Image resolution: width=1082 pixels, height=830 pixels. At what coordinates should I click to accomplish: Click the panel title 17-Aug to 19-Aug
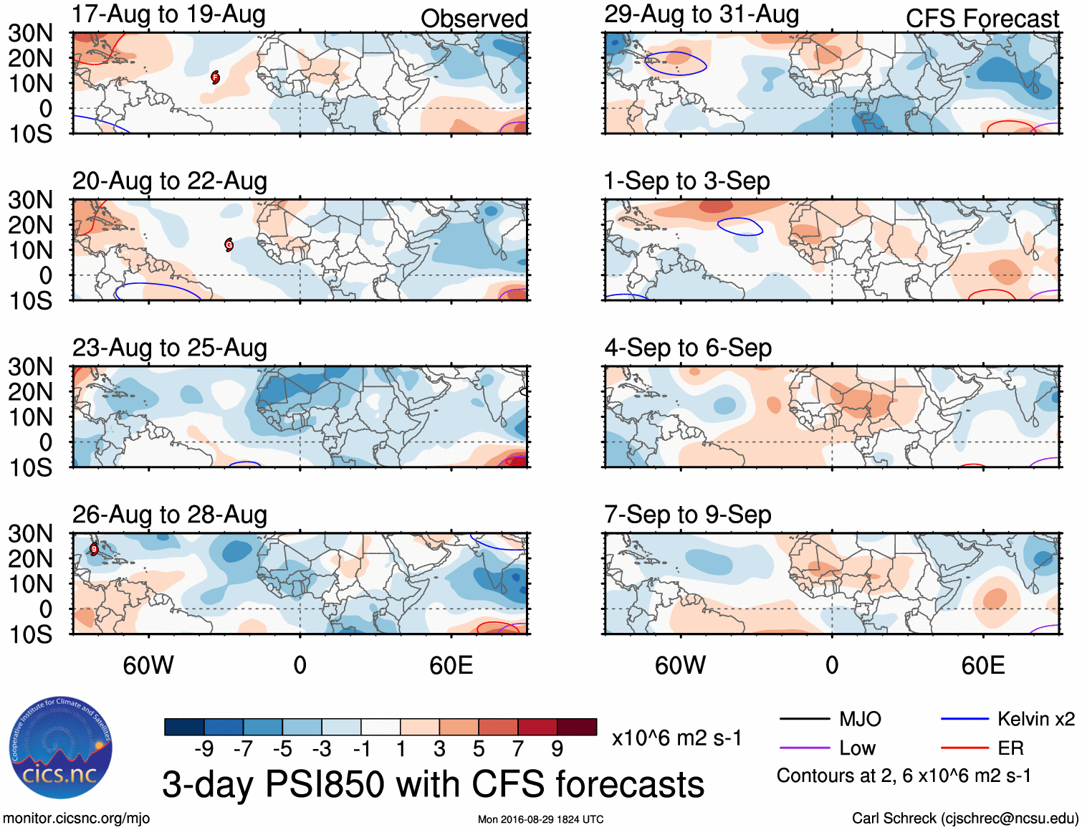pyautogui.click(x=169, y=14)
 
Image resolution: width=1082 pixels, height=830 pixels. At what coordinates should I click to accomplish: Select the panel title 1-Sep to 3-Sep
pyautogui.click(x=686, y=181)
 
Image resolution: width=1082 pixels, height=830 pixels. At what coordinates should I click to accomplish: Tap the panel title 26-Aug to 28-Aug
pyautogui.click(x=170, y=515)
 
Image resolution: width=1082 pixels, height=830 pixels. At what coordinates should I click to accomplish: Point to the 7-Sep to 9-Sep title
pyautogui.click(x=687, y=515)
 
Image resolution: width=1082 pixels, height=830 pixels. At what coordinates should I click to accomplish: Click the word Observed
pyautogui.click(x=474, y=19)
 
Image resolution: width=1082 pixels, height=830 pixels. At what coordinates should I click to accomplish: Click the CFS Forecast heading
pyautogui.click(x=982, y=19)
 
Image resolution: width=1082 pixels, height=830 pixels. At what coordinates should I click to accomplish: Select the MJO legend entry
pyautogui.click(x=831, y=719)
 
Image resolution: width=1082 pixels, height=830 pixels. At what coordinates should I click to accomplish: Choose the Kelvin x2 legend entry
pyautogui.click(x=1007, y=719)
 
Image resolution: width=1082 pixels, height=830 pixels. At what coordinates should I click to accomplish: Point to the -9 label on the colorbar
pyautogui.click(x=204, y=749)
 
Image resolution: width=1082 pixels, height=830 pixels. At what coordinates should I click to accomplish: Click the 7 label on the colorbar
pyautogui.click(x=518, y=749)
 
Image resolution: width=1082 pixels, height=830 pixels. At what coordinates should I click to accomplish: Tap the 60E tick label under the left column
pyautogui.click(x=451, y=665)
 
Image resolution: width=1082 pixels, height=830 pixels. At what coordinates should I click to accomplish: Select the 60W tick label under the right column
pyautogui.click(x=680, y=665)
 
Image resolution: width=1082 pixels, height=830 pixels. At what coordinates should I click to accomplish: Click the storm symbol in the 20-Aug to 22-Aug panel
pyautogui.click(x=229, y=244)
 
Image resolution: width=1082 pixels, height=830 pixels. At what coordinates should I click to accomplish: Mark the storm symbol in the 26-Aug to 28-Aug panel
pyautogui.click(x=94, y=549)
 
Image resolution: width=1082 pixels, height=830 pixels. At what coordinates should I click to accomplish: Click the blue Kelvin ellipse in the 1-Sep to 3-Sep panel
pyautogui.click(x=740, y=226)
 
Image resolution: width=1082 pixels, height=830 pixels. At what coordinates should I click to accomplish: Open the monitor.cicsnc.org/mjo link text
pyautogui.click(x=76, y=819)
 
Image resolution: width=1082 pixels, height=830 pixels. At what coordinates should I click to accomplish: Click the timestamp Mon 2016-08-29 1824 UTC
pyautogui.click(x=540, y=819)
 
